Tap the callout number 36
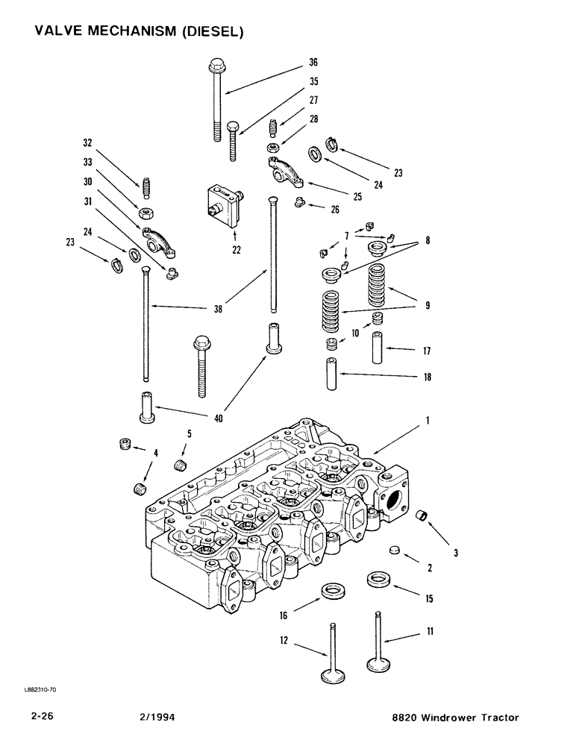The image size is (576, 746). coord(313,63)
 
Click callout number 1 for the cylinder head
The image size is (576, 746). coord(428,421)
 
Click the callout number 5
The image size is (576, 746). coord(189,433)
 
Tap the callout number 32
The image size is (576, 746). coord(87,141)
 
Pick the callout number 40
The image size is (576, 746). coord(219,419)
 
